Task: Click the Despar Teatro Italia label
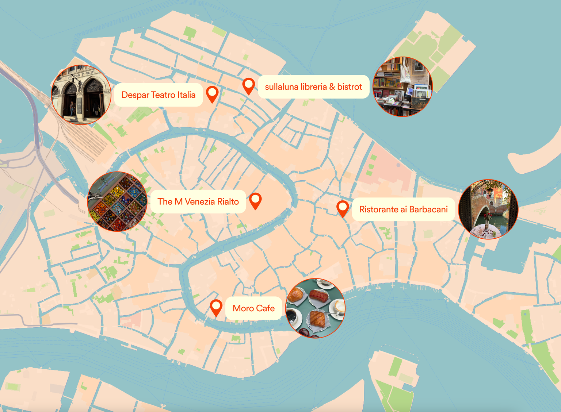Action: coord(159,95)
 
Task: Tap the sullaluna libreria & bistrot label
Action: coord(313,87)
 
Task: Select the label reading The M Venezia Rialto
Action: coord(198,201)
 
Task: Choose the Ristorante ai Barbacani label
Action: coord(403,209)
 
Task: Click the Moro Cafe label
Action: coord(253,308)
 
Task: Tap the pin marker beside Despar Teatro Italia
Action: coord(212,93)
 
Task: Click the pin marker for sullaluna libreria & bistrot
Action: coord(249,85)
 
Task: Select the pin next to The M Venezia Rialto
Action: coord(255,200)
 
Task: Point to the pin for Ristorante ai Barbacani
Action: coord(343,208)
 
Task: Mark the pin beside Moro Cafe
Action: coord(216,307)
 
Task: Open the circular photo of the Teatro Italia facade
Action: coord(81,95)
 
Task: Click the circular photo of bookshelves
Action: coord(402,87)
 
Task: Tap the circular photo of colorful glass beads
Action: coord(117,201)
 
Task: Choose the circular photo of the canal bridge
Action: coord(488,209)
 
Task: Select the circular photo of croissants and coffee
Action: coord(315,308)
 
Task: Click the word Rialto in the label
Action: coord(228,201)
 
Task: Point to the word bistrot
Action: coord(350,87)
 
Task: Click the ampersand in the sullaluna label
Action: coord(332,87)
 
